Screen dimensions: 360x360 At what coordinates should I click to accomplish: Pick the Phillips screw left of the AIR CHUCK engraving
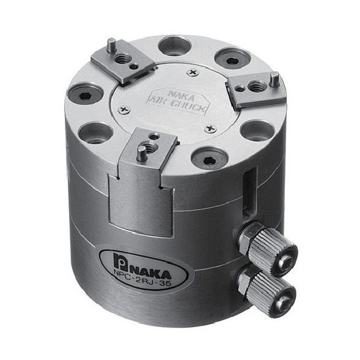tap(125, 109)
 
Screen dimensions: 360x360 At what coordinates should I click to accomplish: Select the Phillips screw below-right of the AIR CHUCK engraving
tap(209, 128)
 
